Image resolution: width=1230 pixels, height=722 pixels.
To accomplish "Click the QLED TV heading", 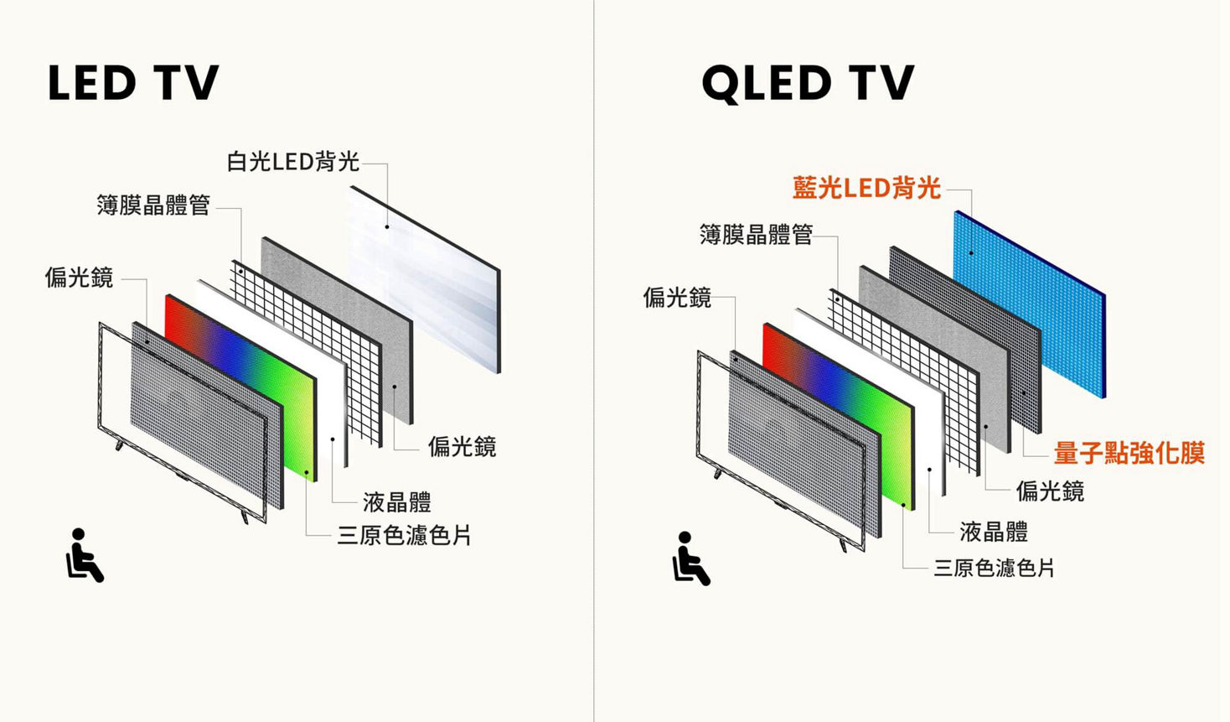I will pyautogui.click(x=807, y=83).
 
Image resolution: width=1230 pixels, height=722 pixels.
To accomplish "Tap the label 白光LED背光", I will pyautogui.click(x=292, y=161).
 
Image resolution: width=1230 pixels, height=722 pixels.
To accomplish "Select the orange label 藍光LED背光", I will pyautogui.click(x=866, y=188).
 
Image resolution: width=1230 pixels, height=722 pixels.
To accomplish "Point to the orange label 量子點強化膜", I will pyautogui.click(x=1128, y=454).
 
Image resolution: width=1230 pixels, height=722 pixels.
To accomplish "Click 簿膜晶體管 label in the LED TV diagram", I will pyautogui.click(x=153, y=205).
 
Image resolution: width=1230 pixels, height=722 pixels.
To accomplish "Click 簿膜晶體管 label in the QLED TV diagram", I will pyautogui.click(x=756, y=234).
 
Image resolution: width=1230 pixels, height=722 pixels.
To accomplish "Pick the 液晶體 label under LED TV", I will pyautogui.click(x=396, y=502).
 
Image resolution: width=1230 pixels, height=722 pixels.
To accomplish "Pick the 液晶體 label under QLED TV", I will pyautogui.click(x=994, y=531).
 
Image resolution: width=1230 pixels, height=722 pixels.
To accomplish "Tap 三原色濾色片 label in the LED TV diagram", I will pyautogui.click(x=404, y=535).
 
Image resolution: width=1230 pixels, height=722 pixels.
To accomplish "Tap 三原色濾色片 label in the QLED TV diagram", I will pyautogui.click(x=994, y=569).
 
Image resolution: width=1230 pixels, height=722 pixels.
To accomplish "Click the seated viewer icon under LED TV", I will pyautogui.click(x=84, y=555).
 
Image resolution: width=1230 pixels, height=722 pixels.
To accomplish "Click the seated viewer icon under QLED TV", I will pyautogui.click(x=690, y=558).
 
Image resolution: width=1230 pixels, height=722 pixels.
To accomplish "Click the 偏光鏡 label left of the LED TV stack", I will pyautogui.click(x=79, y=277).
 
